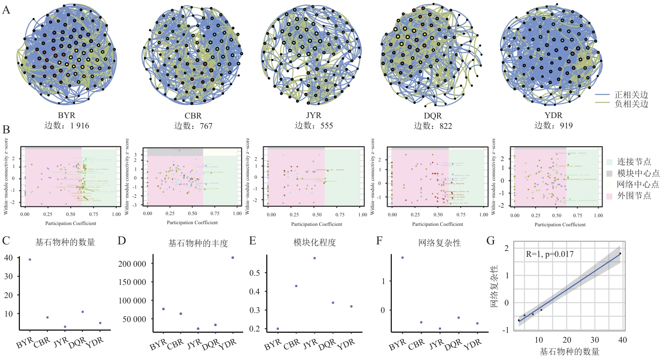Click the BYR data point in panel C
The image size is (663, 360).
click(30, 260)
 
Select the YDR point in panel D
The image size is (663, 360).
click(233, 258)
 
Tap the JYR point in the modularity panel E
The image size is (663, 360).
click(315, 258)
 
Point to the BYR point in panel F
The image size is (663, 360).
click(403, 258)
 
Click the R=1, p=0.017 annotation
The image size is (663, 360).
click(549, 254)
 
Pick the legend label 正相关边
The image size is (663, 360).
click(631, 95)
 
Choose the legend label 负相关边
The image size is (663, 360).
click(631, 104)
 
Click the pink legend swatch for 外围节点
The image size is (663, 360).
click(609, 196)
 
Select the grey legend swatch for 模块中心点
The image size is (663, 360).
click(609, 173)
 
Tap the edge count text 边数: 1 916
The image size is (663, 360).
click(66, 126)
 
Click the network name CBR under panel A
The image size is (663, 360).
click(193, 116)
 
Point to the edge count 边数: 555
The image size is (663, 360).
click(314, 126)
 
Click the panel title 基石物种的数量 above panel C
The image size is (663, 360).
click(65, 242)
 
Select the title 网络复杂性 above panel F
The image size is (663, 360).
click(439, 243)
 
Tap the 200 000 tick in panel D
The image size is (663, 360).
click(132, 264)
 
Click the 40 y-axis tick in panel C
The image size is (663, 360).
click(9, 258)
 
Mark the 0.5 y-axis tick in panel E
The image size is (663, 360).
click(255, 273)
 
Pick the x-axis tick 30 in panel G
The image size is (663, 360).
click(594, 340)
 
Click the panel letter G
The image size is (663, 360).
click(490, 241)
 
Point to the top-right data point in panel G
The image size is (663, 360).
click(620, 253)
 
